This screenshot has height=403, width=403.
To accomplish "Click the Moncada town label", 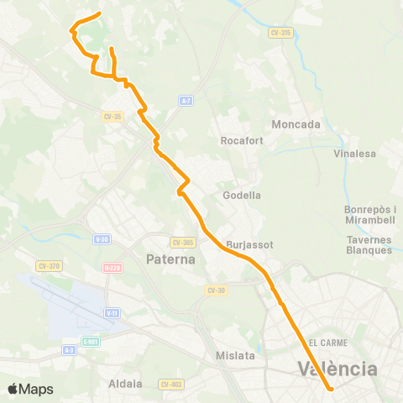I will [x=296, y=124].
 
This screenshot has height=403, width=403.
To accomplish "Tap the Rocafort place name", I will [x=242, y=141].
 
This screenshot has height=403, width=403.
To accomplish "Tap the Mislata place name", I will [x=235, y=355].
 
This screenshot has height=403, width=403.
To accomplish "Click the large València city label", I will [x=338, y=369].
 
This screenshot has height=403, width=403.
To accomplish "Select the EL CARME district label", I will [x=327, y=343].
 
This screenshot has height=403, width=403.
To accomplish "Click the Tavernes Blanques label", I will [x=369, y=244].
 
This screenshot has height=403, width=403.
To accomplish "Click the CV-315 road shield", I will [x=281, y=33].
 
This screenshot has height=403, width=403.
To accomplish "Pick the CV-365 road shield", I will [x=182, y=242].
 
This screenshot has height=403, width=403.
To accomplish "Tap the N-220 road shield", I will [x=112, y=268].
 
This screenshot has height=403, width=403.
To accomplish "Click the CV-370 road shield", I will [x=49, y=266].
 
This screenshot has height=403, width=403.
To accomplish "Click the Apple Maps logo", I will [x=30, y=389].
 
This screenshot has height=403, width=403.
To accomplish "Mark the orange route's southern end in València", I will [x=331, y=388].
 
